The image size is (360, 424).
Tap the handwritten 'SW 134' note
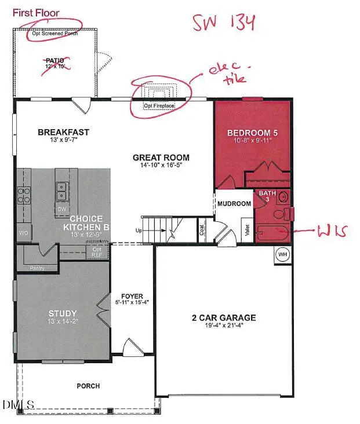point(224,23)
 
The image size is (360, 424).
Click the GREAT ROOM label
point(161,157)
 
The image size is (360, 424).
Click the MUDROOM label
point(234,203)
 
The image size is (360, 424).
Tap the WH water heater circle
point(283,254)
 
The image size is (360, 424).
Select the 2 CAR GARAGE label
point(224,317)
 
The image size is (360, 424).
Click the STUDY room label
point(62,315)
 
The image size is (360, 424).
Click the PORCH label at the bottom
point(89,386)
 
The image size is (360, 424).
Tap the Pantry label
point(37,268)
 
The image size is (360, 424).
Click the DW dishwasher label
point(61,209)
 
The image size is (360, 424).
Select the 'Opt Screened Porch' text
point(55,34)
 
